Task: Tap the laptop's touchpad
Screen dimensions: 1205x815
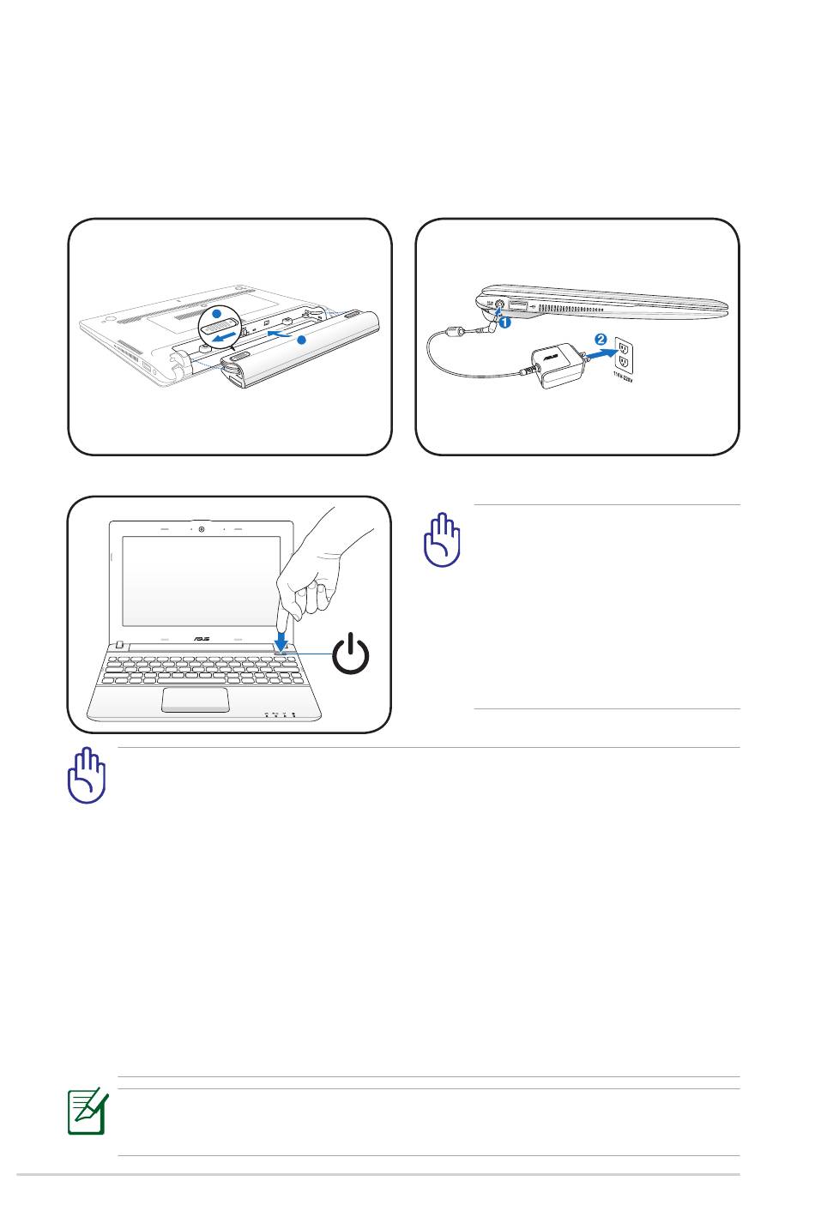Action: [195, 699]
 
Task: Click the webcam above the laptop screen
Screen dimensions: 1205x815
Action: [201, 529]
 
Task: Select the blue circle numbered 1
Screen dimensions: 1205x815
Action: [504, 323]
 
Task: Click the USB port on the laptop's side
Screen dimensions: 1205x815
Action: [518, 304]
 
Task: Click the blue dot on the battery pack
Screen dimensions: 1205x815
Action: [301, 340]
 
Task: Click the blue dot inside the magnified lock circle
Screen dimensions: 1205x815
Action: [217, 315]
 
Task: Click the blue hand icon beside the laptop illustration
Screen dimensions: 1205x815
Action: [442, 539]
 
